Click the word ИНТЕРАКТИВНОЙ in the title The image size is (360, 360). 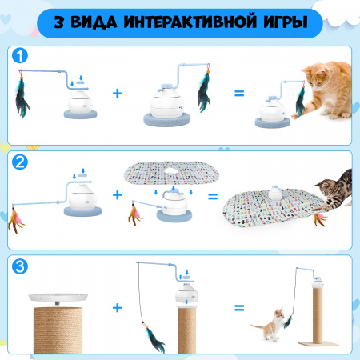[x=190, y=22]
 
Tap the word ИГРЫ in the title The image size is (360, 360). [x=286, y=22]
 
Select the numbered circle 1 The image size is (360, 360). [x=20, y=56]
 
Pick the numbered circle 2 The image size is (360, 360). [x=20, y=162]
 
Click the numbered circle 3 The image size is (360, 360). [x=20, y=266]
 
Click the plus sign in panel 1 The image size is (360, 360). [x=118, y=93]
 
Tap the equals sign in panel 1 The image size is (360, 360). [x=239, y=94]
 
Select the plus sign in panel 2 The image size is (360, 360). [x=118, y=195]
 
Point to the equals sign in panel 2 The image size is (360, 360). [x=213, y=197]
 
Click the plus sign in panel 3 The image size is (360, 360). [x=118, y=308]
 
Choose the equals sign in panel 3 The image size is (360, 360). [x=239, y=308]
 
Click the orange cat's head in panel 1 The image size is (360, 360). [x=316, y=77]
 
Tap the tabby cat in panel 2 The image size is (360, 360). [x=334, y=190]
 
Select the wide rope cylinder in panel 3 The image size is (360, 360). [x=58, y=330]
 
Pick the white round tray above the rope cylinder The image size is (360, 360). [x=58, y=297]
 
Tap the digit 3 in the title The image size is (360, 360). [x=59, y=22]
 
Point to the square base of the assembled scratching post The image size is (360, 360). [x=318, y=344]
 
